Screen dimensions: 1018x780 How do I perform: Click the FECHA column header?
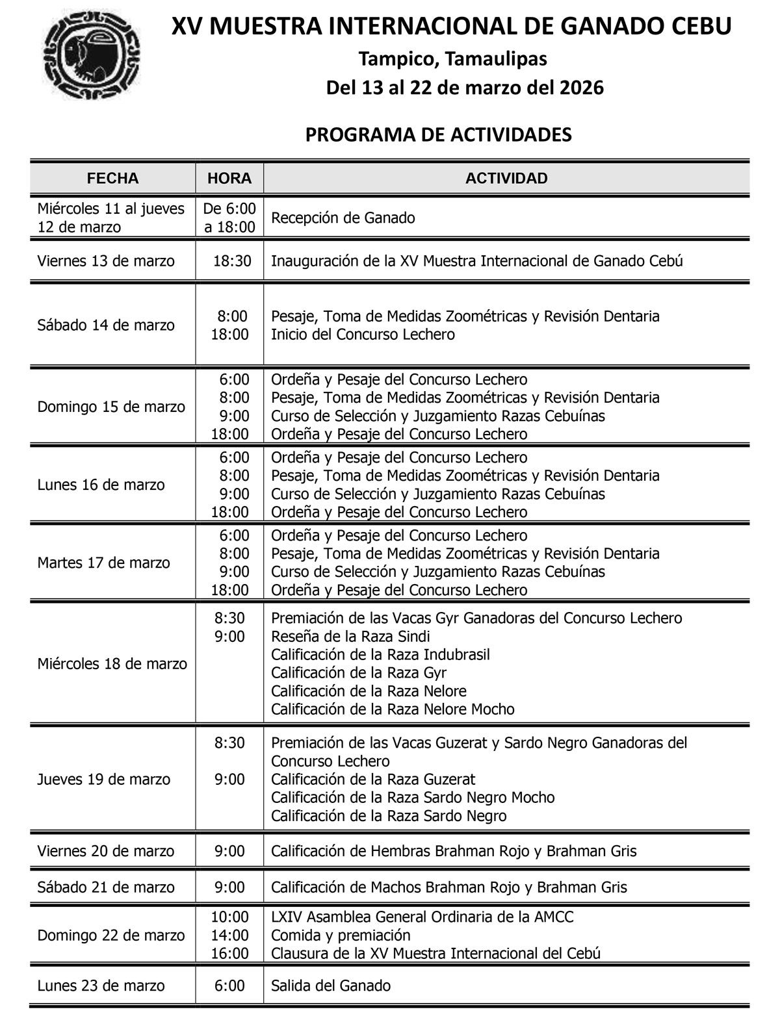pyautogui.click(x=112, y=178)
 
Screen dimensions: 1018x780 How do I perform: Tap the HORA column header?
pyautogui.click(x=229, y=178)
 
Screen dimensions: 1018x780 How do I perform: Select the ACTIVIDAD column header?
pyautogui.click(x=506, y=178)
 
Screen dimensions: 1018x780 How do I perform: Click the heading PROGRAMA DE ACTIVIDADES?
pyautogui.click(x=438, y=134)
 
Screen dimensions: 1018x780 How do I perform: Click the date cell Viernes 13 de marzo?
pyautogui.click(x=106, y=261)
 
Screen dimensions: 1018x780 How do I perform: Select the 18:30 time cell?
pyautogui.click(x=232, y=261)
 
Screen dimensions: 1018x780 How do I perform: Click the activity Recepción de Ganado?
pyautogui.click(x=343, y=218)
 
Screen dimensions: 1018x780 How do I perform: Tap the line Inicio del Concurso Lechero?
pyautogui.click(x=363, y=335)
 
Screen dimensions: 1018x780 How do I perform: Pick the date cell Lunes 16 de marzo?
pyautogui.click(x=101, y=485)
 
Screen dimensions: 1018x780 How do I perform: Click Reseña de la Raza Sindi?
pyautogui.click(x=350, y=636)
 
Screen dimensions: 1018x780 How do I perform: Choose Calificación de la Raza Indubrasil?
pyautogui.click(x=380, y=654)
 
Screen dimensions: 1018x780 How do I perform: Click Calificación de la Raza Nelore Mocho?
pyautogui.click(x=393, y=709)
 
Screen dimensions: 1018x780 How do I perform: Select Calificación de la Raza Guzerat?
pyautogui.click(x=373, y=779)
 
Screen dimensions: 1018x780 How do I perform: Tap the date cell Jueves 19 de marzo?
pyautogui.click(x=104, y=779)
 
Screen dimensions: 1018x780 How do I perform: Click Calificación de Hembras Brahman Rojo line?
pyautogui.click(x=454, y=851)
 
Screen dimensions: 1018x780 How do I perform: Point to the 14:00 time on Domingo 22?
pyautogui.click(x=229, y=935)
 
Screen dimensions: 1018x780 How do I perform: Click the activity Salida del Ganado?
pyautogui.click(x=331, y=986)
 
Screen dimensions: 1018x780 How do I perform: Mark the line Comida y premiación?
pyautogui.click(x=341, y=935)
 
